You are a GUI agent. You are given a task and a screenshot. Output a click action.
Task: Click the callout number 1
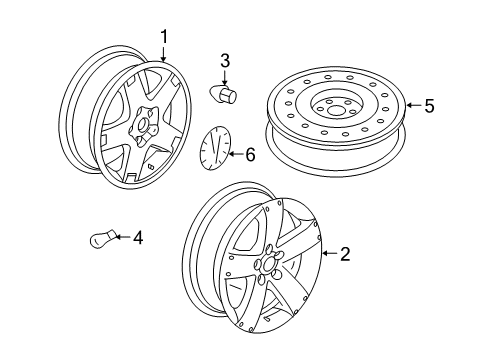pos(164,38)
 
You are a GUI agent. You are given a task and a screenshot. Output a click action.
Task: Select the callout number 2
pos(345,255)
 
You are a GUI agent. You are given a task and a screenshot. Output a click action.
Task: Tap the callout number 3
pos(225,61)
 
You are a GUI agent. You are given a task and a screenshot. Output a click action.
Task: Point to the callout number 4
pos(138,238)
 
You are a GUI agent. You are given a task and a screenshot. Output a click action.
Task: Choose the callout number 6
pos(249,153)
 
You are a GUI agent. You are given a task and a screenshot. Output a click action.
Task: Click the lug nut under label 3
pos(222,94)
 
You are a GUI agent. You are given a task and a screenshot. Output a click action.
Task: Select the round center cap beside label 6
pos(212,150)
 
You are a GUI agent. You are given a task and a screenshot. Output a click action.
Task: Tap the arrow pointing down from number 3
pos(225,76)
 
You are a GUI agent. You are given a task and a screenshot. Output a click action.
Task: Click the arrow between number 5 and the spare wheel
pos(411,106)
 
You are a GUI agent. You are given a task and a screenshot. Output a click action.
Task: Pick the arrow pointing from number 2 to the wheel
pos(327,255)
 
